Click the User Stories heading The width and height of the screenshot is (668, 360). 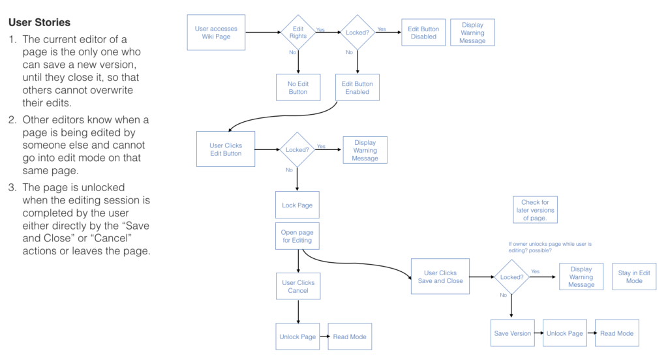click(x=39, y=22)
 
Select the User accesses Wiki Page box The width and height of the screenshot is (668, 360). click(x=216, y=33)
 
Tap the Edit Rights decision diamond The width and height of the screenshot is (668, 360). click(x=298, y=32)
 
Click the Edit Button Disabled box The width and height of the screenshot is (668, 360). click(x=423, y=33)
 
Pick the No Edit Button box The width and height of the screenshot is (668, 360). click(x=298, y=87)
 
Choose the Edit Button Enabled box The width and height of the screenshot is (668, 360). click(x=357, y=87)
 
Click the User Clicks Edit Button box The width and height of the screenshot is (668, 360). click(x=226, y=149)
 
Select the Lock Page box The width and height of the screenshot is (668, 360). click(x=297, y=205)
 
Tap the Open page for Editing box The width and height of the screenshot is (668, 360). click(x=297, y=236)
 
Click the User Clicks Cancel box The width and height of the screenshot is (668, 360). click(x=297, y=287)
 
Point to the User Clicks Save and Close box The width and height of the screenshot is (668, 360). click(x=440, y=277)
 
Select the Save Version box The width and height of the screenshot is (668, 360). click(x=512, y=333)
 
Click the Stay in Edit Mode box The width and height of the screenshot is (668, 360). click(x=634, y=277)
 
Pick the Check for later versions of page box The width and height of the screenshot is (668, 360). click(x=535, y=210)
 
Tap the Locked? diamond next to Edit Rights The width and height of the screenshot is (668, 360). click(x=357, y=32)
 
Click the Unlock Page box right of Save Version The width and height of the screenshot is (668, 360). click(x=565, y=333)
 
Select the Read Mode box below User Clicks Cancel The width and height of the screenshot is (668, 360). click(x=350, y=337)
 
